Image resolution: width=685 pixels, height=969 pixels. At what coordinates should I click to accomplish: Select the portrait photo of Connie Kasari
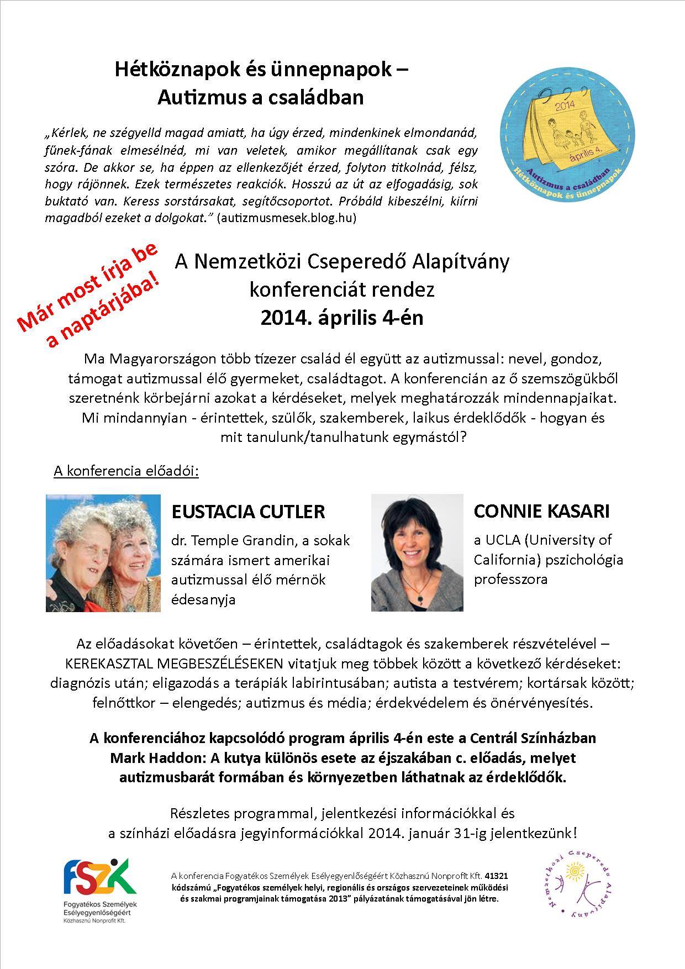(x=417, y=552)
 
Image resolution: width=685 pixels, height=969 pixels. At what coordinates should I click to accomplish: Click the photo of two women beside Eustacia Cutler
(x=103, y=552)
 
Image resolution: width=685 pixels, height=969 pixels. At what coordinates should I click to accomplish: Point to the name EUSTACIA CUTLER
(x=248, y=511)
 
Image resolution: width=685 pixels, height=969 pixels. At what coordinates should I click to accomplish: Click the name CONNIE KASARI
(x=541, y=511)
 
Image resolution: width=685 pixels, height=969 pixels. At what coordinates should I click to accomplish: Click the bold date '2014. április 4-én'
(x=342, y=318)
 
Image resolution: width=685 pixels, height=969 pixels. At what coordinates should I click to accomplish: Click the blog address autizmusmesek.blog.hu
(x=287, y=218)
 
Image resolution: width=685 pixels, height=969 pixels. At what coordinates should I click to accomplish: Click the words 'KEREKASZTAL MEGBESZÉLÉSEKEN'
(x=173, y=663)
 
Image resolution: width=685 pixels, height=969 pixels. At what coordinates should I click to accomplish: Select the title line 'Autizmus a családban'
(x=261, y=97)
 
